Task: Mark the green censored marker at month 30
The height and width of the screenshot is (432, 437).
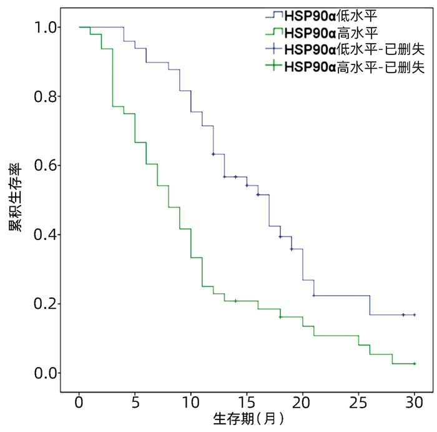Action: pos(415,363)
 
